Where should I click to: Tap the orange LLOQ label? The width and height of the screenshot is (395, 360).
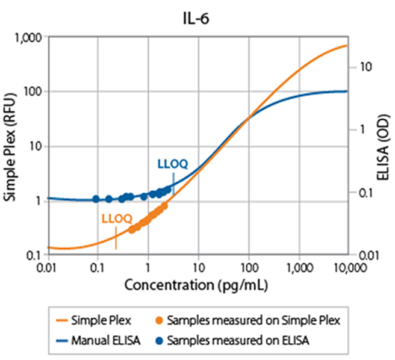coord(117,218)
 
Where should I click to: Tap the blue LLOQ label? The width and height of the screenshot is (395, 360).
coord(172,163)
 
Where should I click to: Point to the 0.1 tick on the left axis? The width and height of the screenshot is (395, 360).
coord(34,255)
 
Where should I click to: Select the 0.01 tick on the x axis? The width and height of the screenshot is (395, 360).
coord(47,267)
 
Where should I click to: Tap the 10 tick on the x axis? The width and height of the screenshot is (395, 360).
coord(198,267)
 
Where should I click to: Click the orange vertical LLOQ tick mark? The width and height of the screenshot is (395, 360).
coord(116,241)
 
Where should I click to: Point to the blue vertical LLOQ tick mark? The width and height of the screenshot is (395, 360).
coord(173,182)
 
